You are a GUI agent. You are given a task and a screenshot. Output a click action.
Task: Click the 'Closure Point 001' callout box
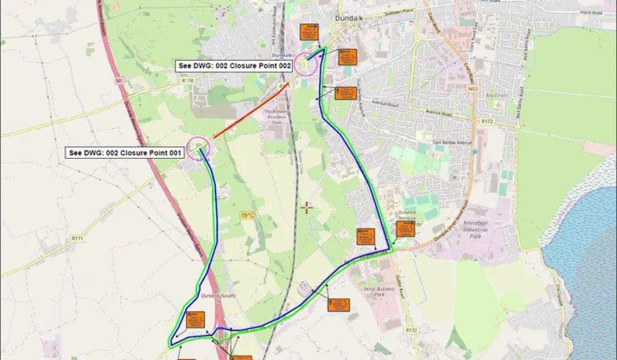click(x=124, y=153)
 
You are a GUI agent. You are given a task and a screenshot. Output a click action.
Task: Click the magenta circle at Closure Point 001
click(x=198, y=148)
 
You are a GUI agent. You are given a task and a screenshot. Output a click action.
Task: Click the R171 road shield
click(x=78, y=239)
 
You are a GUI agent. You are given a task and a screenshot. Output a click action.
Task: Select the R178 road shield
click(x=187, y=80)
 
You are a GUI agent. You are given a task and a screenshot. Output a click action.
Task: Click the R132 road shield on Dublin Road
click(x=410, y=330)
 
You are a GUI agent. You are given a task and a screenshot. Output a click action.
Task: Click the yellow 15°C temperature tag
click(x=247, y=215)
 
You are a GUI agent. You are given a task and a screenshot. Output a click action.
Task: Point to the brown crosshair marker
click(x=306, y=208)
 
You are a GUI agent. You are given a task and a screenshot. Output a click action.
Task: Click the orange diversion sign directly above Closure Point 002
click(x=310, y=32)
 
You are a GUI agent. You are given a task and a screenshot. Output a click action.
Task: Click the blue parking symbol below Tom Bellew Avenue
click(x=474, y=152)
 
